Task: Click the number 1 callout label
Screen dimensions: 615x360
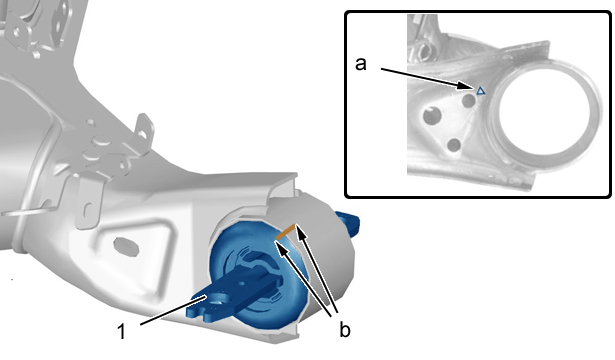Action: pyautogui.click(x=122, y=331)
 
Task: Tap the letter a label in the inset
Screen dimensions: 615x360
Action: pyautogui.click(x=360, y=64)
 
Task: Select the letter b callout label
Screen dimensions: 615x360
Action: pyautogui.click(x=345, y=330)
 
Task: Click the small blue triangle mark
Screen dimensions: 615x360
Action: pyautogui.click(x=480, y=91)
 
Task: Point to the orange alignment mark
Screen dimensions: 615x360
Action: pyautogui.click(x=286, y=232)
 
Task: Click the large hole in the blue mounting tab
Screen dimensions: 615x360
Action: pyautogui.click(x=216, y=301)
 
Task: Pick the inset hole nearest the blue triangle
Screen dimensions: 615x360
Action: pyautogui.click(x=469, y=100)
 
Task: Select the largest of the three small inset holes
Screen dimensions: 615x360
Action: pyautogui.click(x=432, y=116)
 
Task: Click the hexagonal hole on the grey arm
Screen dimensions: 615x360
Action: pyautogui.click(x=126, y=247)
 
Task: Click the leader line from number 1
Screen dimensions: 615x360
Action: pyautogui.click(x=173, y=311)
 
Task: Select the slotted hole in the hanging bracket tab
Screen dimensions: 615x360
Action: pyautogui.click(x=89, y=210)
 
